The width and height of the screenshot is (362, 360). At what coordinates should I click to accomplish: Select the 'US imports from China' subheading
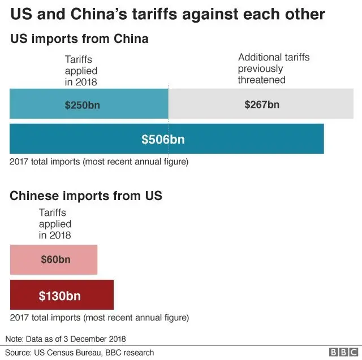pyautogui.click(x=79, y=39)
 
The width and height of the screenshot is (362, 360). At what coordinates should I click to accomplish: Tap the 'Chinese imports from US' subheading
pyautogui.click(x=86, y=196)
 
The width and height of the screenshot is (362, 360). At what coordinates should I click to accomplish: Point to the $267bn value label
pyautogui.click(x=261, y=104)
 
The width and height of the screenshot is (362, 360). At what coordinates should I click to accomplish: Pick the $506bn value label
pyautogui.click(x=163, y=139)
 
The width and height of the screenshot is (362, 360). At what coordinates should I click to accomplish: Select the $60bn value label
pyautogui.click(x=55, y=260)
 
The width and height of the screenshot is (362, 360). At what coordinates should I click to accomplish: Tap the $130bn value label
pyautogui.click(x=59, y=296)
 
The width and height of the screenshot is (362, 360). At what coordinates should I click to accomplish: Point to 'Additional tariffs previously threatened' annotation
pyautogui.click(x=274, y=68)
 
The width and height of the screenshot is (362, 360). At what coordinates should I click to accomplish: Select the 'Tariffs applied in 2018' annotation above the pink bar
pyautogui.click(x=55, y=224)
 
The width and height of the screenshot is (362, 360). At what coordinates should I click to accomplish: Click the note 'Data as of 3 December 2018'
pyautogui.click(x=65, y=339)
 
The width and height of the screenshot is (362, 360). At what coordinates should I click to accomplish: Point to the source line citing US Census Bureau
pyautogui.click(x=79, y=353)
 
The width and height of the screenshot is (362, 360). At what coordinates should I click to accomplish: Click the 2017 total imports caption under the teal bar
pyautogui.click(x=98, y=162)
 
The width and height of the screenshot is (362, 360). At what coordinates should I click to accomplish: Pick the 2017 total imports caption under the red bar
pyautogui.click(x=99, y=318)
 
